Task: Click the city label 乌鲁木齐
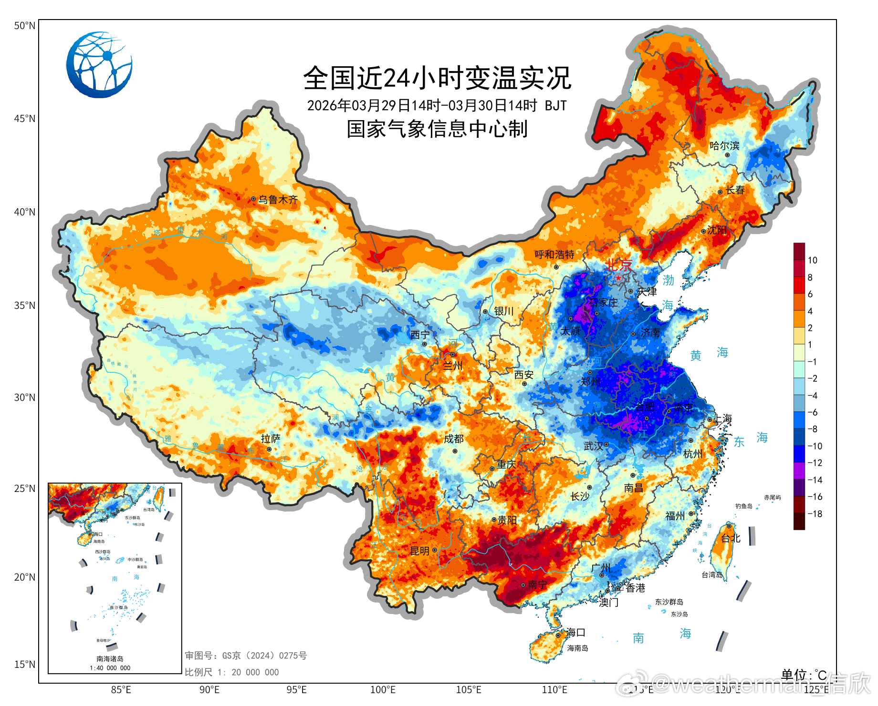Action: tap(278, 200)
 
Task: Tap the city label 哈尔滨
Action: tap(724, 146)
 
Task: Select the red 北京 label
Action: tap(618, 265)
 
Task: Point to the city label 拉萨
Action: tap(271, 439)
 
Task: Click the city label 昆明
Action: tap(420, 551)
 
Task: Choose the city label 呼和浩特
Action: tap(554, 255)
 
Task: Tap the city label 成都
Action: tap(453, 439)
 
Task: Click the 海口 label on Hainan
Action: tap(575, 633)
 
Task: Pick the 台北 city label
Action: tap(731, 538)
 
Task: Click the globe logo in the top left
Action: tap(99, 65)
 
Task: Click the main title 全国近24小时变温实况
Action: tap(437, 78)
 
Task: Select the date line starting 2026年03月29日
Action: tap(437, 105)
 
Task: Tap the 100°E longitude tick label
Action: tap(383, 690)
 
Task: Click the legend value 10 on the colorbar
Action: tap(812, 260)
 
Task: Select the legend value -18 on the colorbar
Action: tap(814, 514)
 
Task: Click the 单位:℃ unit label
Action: tap(804, 675)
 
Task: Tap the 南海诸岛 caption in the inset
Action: tap(110, 659)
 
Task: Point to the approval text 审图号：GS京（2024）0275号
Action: tap(246, 656)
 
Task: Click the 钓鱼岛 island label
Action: tap(743, 506)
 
